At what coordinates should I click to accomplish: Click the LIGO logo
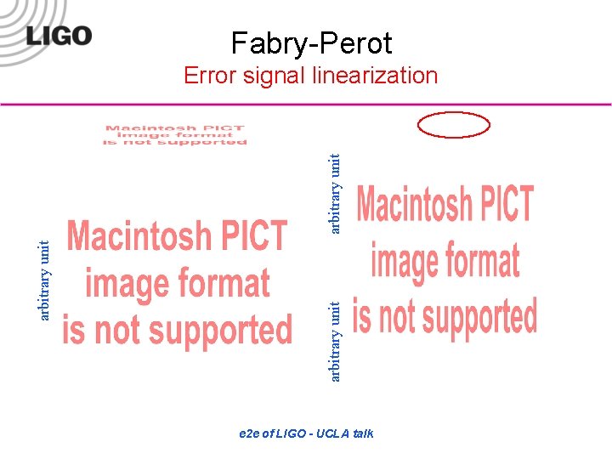tap(58, 37)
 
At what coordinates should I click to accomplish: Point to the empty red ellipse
tap(454, 125)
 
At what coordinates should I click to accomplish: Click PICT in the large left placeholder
tap(258, 236)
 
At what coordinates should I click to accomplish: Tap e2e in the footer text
tap(250, 433)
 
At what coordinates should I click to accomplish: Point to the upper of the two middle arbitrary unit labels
tap(335, 193)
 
